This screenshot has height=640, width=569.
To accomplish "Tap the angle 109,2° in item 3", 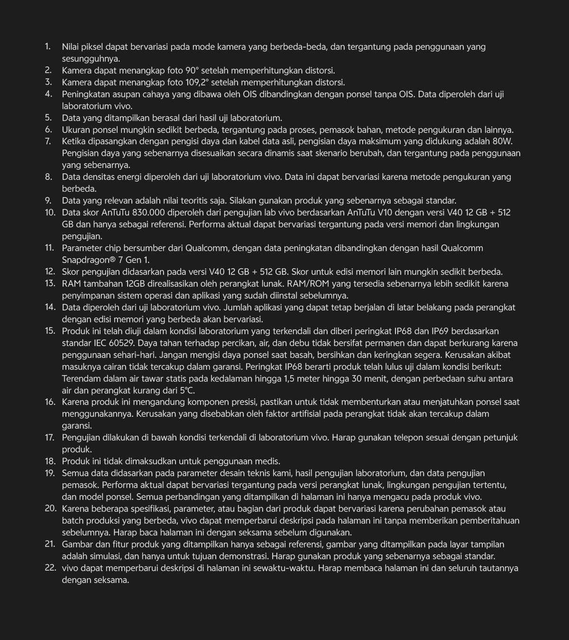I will (x=196, y=83).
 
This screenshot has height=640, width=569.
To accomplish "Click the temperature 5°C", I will (x=187, y=391).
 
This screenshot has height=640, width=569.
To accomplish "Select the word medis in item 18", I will (x=268, y=461).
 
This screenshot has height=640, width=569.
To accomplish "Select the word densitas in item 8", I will (x=97, y=177).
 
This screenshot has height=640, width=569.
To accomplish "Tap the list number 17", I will (x=50, y=438).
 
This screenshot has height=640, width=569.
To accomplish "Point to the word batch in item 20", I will (x=73, y=521).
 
